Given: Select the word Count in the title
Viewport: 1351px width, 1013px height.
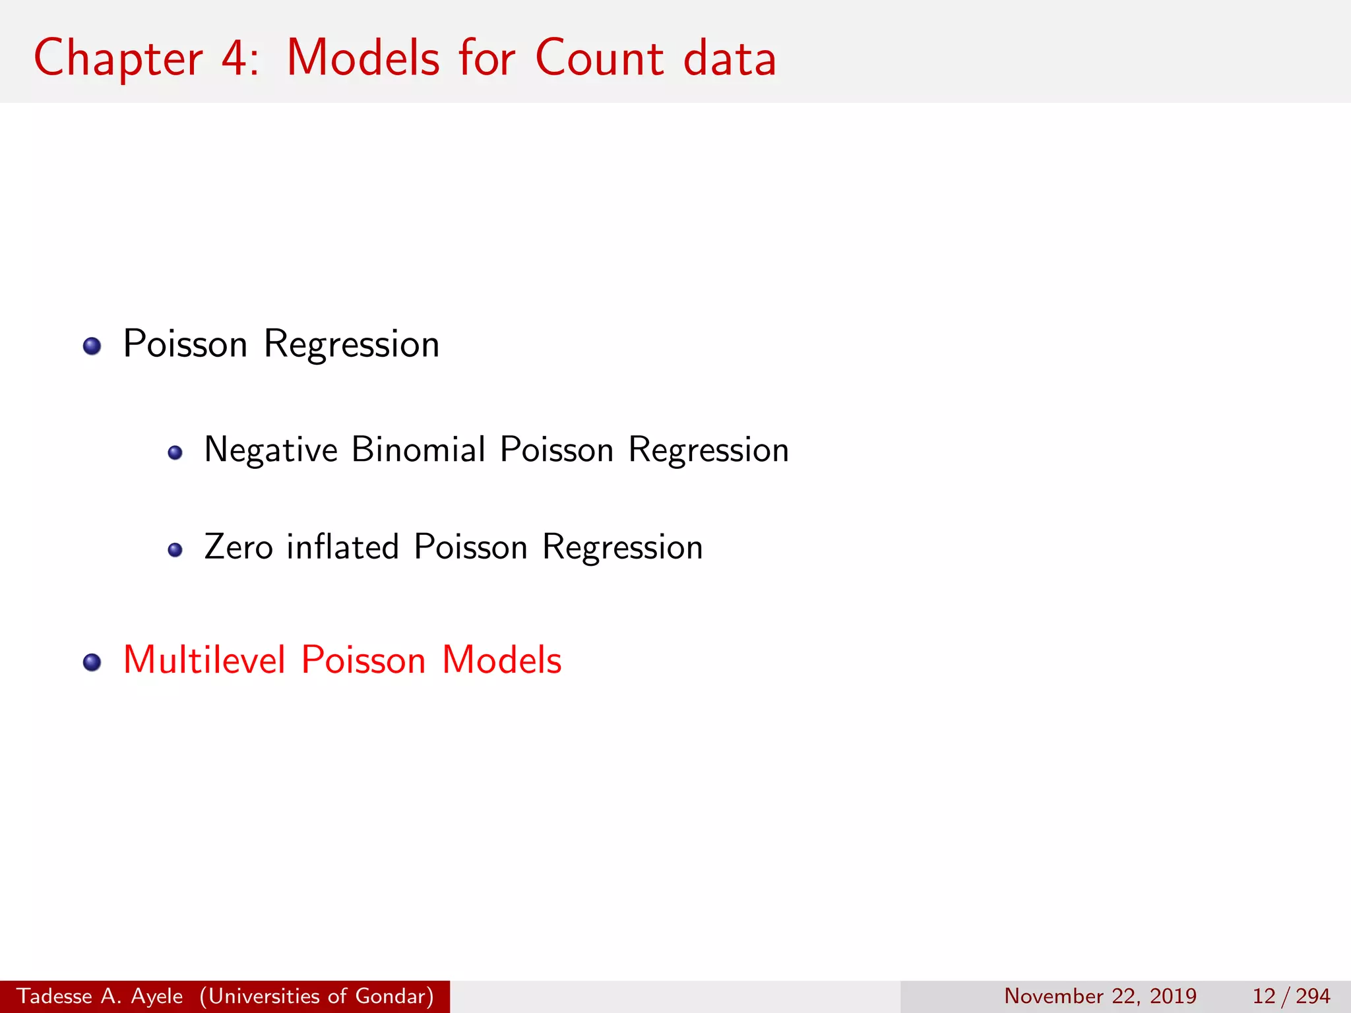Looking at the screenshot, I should tap(599, 58).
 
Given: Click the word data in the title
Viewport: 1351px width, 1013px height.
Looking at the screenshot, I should tap(730, 58).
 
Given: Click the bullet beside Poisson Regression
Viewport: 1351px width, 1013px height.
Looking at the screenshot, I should tap(92, 346).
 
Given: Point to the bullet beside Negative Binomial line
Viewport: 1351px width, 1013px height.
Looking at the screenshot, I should tap(175, 452).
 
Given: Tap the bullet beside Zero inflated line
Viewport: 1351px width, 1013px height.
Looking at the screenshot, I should tap(175, 550).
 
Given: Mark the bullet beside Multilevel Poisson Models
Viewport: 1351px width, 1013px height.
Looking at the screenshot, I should tap(92, 662).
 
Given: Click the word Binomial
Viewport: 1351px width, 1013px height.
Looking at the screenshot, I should tap(418, 450).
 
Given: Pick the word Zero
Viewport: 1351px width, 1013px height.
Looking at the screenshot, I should tap(239, 547).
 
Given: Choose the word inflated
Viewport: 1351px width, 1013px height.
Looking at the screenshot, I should tap(343, 547).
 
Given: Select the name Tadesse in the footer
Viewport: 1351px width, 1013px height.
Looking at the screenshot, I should tap(54, 996).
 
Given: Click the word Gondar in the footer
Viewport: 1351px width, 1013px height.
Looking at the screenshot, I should tap(394, 996).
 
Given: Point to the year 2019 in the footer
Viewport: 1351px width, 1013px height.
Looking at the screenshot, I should tap(1173, 996).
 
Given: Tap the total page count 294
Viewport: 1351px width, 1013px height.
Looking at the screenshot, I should tap(1313, 996).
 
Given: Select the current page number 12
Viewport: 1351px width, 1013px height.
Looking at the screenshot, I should tap(1264, 996).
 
